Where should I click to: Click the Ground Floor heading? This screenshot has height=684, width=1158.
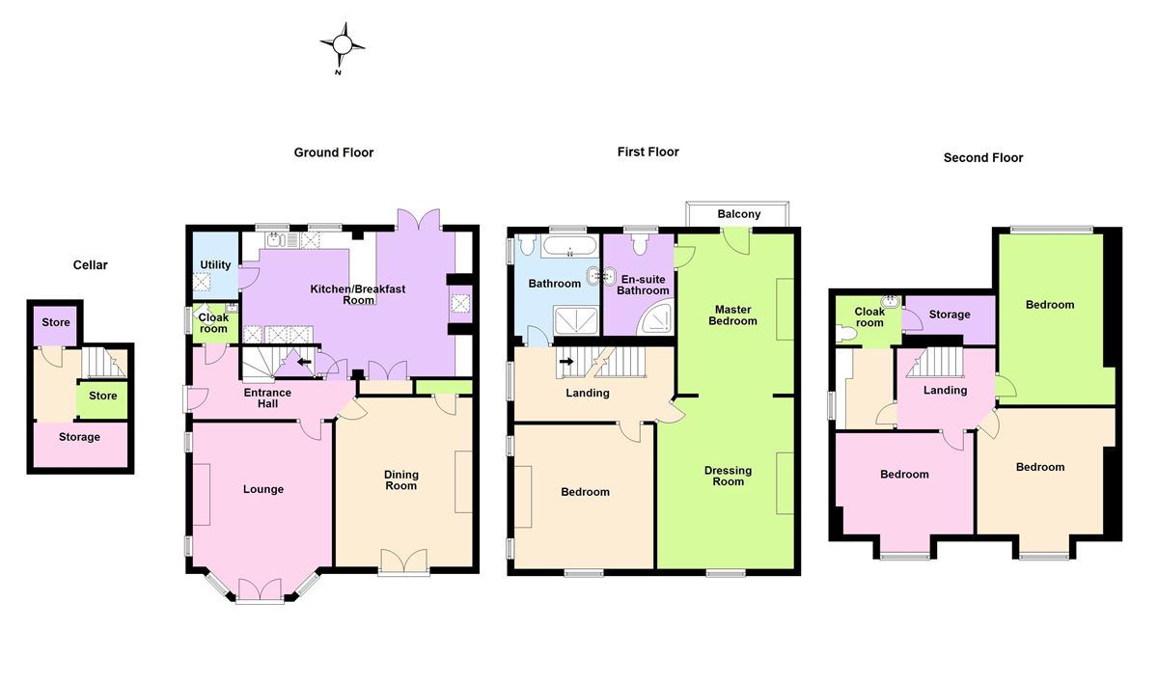(334, 152)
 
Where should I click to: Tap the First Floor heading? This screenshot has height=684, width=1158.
(648, 151)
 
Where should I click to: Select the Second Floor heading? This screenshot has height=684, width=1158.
(983, 157)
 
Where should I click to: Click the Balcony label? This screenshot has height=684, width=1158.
(739, 214)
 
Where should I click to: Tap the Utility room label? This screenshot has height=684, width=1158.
(215, 265)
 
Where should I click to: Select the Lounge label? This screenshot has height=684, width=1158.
(263, 489)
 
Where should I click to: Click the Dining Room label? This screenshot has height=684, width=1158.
(401, 479)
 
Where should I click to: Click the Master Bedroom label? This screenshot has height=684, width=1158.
(732, 315)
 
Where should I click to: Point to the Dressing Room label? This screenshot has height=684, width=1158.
(729, 476)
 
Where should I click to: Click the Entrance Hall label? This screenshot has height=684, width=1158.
(261, 397)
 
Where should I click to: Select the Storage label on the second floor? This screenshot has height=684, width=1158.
(950, 315)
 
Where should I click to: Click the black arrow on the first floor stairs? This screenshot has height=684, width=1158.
(566, 362)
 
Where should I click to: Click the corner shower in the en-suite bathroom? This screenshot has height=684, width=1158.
(659, 315)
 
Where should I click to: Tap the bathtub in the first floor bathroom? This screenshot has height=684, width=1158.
(570, 249)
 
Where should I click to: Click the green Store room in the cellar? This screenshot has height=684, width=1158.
(102, 397)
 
